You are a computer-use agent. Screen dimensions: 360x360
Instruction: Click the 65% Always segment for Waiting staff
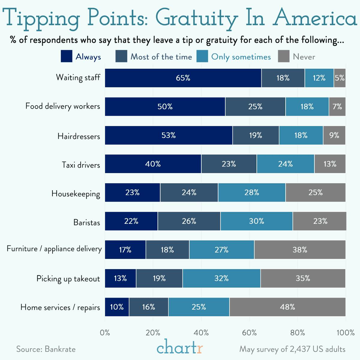coord(183,78)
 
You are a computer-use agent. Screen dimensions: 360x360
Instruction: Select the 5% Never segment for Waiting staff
coord(340,78)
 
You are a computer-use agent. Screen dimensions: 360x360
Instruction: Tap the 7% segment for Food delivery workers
coord(337,106)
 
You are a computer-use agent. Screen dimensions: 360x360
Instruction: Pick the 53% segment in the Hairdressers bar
coord(169,135)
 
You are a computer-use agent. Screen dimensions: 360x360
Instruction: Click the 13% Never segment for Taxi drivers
coord(330,164)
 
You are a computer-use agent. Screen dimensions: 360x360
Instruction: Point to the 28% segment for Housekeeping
coord(252,193)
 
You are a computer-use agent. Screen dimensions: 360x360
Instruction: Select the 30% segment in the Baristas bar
coord(256,221)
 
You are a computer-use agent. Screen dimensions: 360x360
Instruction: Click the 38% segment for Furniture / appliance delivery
coord(300,250)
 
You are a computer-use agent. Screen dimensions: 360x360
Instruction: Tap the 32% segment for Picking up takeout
coord(221,278)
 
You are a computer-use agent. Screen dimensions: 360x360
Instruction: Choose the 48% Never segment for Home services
coord(287,307)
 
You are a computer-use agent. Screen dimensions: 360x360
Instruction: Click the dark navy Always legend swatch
coord(66,56)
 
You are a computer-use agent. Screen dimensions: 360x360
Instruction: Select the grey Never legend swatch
coord(283,56)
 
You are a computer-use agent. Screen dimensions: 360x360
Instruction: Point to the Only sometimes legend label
coord(241,57)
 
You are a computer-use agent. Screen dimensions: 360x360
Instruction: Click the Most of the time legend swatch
coord(121,56)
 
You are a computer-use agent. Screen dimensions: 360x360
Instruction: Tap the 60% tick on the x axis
coord(249,332)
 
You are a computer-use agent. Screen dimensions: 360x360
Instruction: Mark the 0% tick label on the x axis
coord(105,332)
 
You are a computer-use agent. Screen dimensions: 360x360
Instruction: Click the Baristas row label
coord(87,222)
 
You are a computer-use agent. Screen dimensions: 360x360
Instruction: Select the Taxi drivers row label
coord(81,165)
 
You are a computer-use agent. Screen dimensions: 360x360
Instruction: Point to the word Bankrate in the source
coord(60,349)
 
